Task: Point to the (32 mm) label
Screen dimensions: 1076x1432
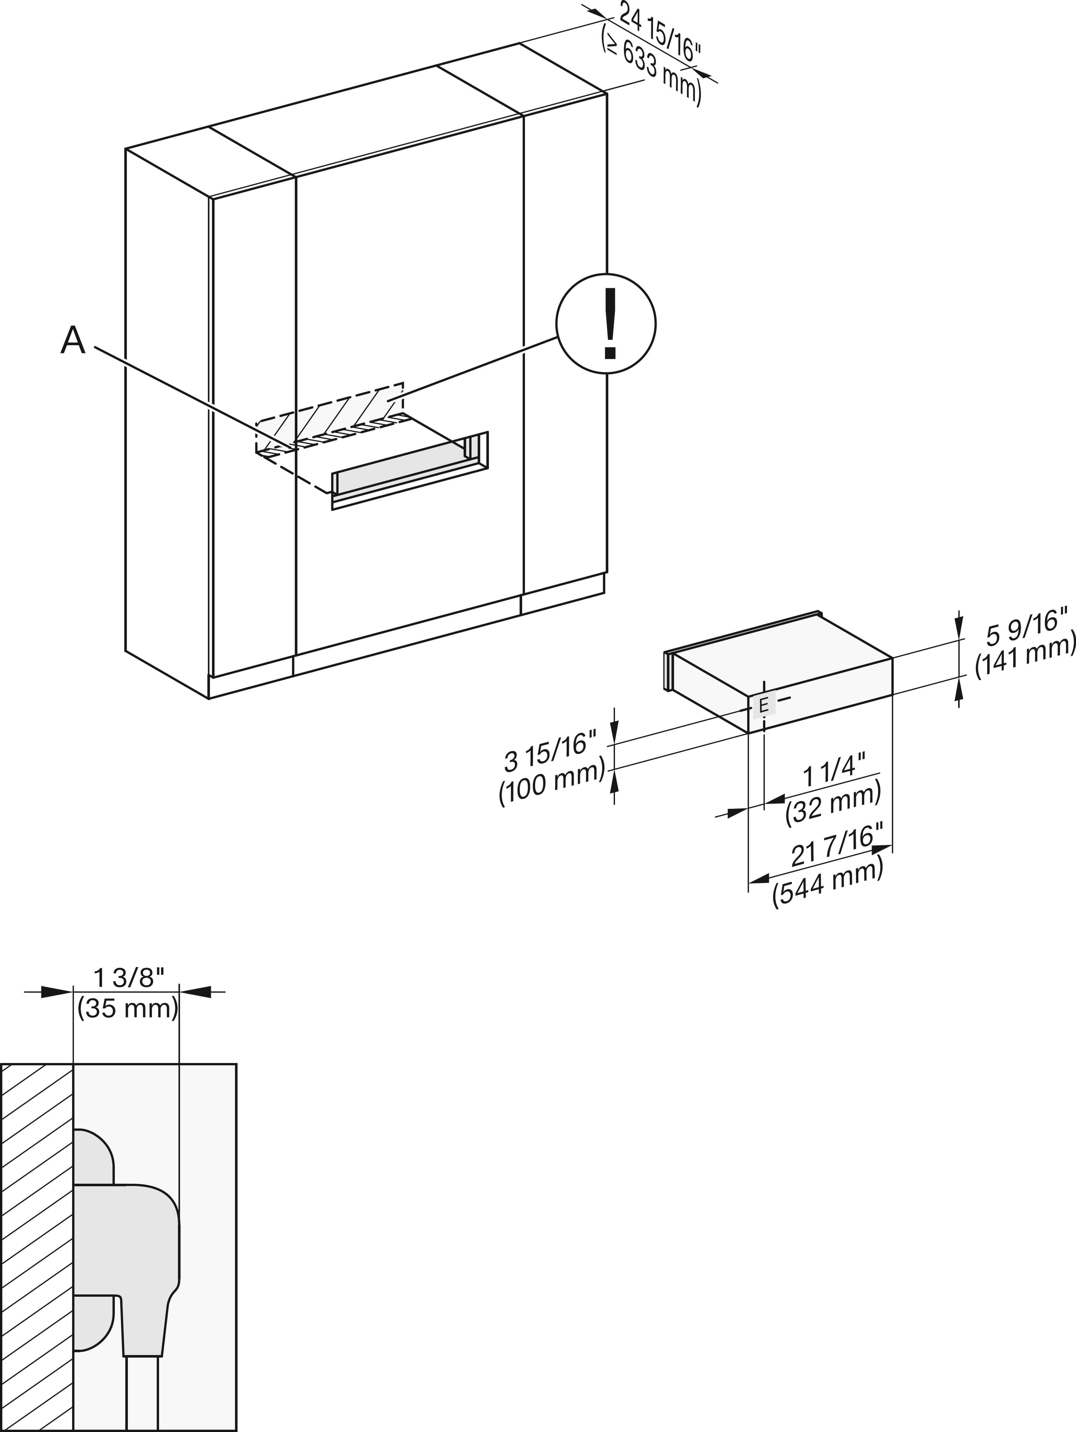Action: coord(833,803)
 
